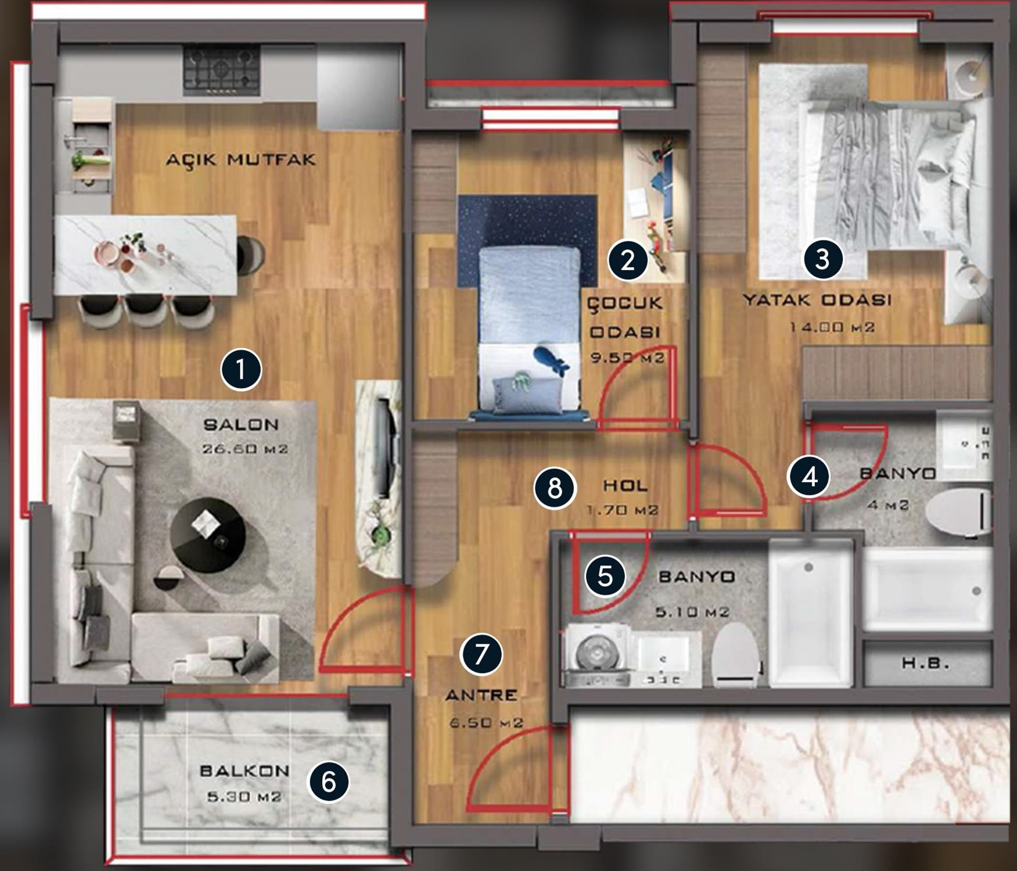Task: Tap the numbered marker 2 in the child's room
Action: pos(627,260)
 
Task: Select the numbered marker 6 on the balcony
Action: pos(328,782)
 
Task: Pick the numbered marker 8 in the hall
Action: pos(555,488)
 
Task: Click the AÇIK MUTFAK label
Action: pos(241,159)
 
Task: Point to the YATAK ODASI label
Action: pos(817,300)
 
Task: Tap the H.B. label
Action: pos(925,663)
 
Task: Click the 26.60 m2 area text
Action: pos(245,449)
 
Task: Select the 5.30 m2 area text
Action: pos(244,796)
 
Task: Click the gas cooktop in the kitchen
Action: pos(221,71)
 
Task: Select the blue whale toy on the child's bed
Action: pos(550,360)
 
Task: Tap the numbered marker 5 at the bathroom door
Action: pos(605,576)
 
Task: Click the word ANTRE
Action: pos(481,696)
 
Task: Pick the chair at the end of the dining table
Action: pos(251,255)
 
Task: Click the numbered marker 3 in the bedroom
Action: pos(822,259)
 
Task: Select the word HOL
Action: pos(625,485)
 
